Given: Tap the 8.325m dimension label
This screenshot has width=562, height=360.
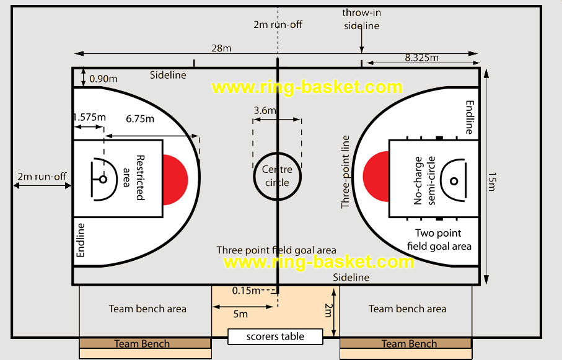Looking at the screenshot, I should (421, 58).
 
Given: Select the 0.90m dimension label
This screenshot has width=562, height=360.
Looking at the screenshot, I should (103, 79).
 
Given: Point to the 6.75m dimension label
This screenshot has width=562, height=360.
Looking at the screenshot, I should (139, 118).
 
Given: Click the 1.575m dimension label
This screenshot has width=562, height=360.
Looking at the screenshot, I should (89, 117).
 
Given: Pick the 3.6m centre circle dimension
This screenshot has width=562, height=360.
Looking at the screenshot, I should (265, 111).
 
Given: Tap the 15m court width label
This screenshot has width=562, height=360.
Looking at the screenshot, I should (491, 181).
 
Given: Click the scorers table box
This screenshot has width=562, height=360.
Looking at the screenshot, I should (276, 337).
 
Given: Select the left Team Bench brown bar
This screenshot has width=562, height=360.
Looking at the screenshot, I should (142, 344).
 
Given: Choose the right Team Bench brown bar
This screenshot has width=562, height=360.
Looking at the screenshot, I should (409, 344).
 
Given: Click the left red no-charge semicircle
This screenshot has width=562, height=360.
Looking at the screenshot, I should (175, 179).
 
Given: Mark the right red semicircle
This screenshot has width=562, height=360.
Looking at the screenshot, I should (376, 179).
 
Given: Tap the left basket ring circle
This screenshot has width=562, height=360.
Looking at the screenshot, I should (103, 180).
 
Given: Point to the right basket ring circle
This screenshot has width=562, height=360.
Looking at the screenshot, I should (454, 181).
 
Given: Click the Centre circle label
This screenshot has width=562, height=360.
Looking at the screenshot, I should (277, 176).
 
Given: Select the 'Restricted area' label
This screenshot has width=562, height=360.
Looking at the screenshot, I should (134, 177).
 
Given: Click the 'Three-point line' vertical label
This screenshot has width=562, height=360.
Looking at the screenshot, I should (346, 172).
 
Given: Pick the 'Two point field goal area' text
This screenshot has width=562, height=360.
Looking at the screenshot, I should (439, 240).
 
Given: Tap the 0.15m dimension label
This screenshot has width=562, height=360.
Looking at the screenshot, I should (246, 290).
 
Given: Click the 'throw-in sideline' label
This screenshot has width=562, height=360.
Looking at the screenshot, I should (361, 19).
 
